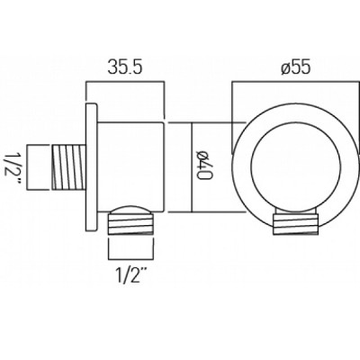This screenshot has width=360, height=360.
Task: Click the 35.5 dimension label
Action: click(x=125, y=68)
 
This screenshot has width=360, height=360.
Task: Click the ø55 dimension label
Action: click(x=295, y=68)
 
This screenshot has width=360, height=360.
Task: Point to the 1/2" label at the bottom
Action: click(x=130, y=276)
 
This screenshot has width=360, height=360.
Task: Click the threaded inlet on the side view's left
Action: click(x=69, y=167)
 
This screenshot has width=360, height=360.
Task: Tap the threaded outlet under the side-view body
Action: click(x=132, y=223)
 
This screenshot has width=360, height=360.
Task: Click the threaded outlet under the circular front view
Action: click(x=295, y=224)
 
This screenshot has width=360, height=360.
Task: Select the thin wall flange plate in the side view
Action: click(x=91, y=167)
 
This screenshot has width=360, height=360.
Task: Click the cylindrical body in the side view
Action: click(x=130, y=166)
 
